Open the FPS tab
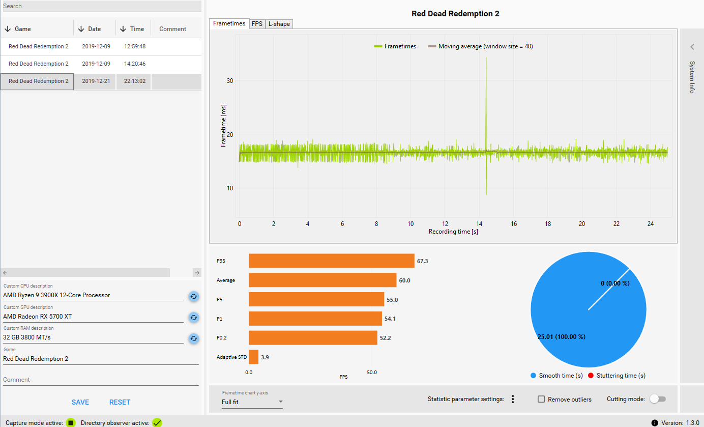(x=257, y=24)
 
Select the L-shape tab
(x=279, y=24)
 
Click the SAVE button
(x=80, y=402)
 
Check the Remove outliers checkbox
(x=541, y=399)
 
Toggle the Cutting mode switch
(x=658, y=399)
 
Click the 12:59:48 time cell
(x=134, y=46)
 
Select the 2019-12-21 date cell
(x=96, y=81)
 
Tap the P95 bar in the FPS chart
(x=332, y=261)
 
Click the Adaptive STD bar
(x=254, y=357)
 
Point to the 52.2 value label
(x=385, y=338)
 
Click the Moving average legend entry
(x=480, y=46)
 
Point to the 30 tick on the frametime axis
(x=230, y=81)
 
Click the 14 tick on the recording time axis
(x=479, y=224)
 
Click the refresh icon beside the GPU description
(x=194, y=318)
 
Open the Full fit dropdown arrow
(x=281, y=402)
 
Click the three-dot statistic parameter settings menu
(x=513, y=399)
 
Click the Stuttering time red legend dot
(x=591, y=376)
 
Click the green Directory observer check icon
(x=157, y=422)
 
